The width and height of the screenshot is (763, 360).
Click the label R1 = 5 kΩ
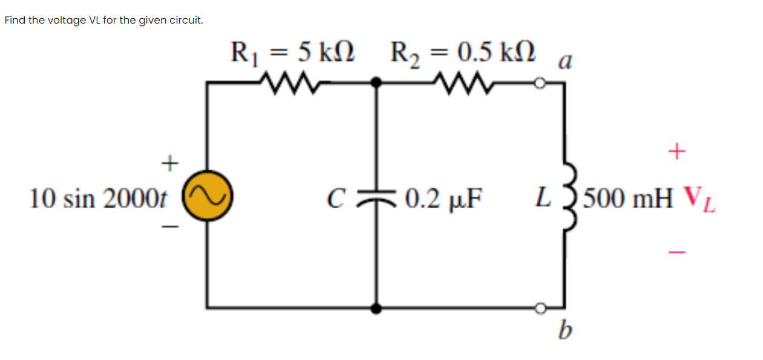click(x=293, y=52)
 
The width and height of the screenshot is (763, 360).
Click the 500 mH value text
click(x=629, y=198)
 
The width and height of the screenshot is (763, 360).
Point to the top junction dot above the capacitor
click(x=376, y=83)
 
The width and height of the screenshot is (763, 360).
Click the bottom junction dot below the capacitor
click(x=376, y=309)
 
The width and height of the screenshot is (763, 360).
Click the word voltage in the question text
click(x=68, y=21)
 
